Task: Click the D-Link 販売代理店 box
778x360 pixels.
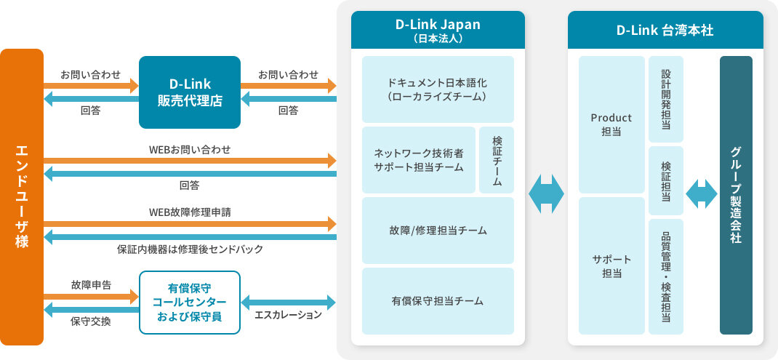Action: [x=190, y=92]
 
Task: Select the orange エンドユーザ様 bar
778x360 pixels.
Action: [x=22, y=197]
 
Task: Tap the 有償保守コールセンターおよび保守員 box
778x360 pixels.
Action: [x=190, y=302]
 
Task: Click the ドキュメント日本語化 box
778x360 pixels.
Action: [x=438, y=89]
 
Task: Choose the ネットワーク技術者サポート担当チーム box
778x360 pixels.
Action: [x=419, y=160]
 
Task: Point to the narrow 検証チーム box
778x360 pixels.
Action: [x=497, y=160]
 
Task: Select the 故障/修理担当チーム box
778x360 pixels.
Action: [x=438, y=231]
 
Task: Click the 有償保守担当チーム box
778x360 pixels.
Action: [x=438, y=301]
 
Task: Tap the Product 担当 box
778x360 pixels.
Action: [x=611, y=124]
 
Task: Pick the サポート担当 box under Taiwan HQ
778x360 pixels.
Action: [x=611, y=265]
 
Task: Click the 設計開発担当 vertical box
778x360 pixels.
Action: [x=666, y=100]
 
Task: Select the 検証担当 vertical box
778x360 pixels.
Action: [x=666, y=181]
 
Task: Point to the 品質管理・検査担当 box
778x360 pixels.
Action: [x=666, y=276]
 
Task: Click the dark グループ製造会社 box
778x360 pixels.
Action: [x=736, y=195]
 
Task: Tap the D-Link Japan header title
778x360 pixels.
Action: [x=438, y=25]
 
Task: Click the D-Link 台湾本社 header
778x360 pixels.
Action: [x=665, y=30]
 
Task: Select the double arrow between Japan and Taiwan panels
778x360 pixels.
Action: [x=546, y=193]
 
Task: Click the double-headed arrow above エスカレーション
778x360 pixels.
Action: [x=288, y=302]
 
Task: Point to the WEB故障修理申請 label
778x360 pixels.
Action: [x=190, y=212]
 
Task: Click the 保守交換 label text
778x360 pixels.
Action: [x=91, y=321]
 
